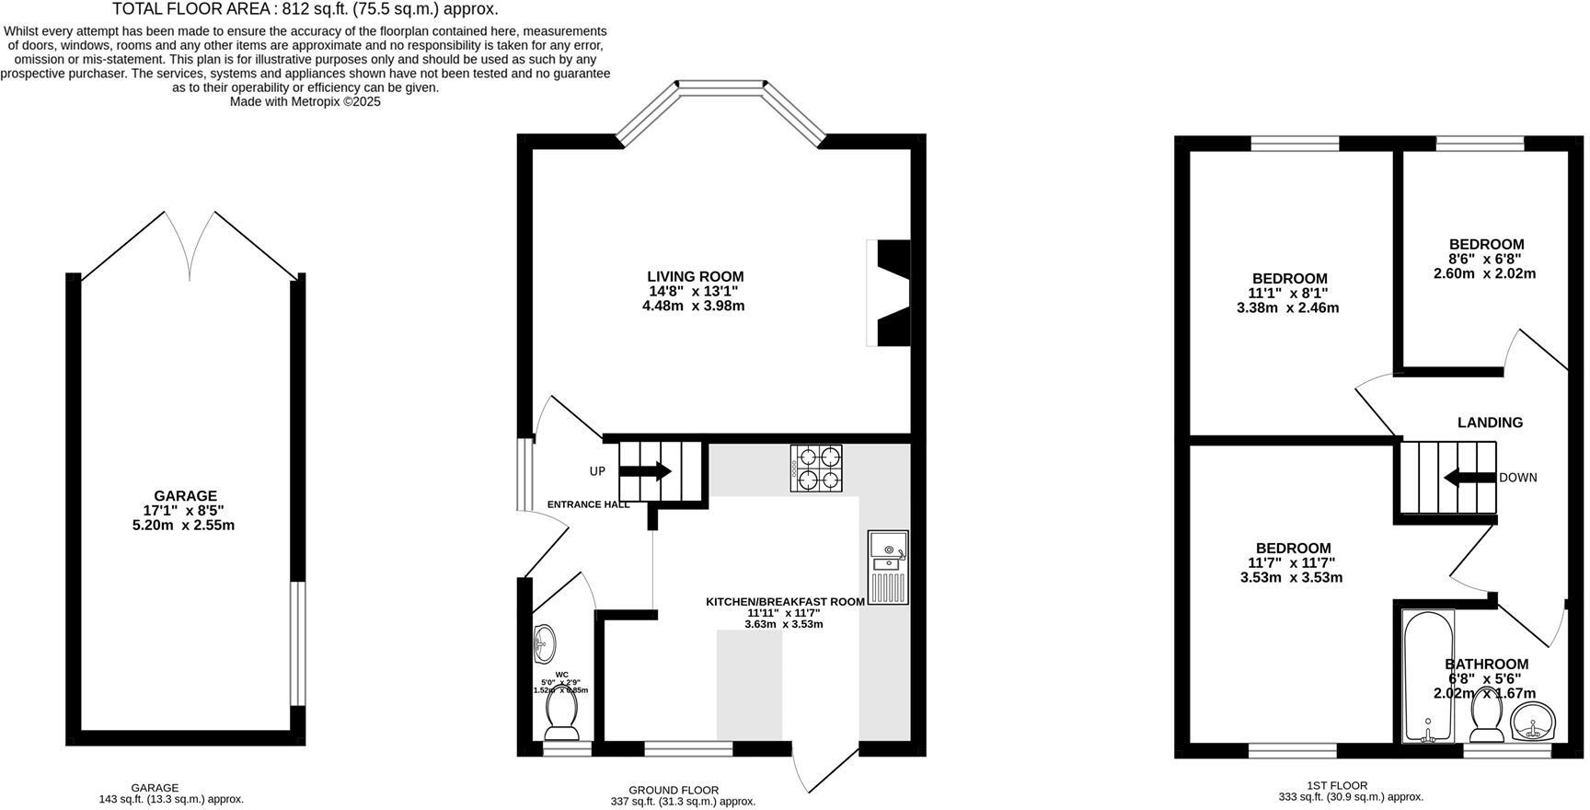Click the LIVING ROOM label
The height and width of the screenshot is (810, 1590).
pyautogui.click(x=695, y=276)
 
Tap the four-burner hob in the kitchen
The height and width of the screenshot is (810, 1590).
pyautogui.click(x=816, y=468)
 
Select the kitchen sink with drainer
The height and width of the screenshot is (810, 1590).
pyautogui.click(x=888, y=567)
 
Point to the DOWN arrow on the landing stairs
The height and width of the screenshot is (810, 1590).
pyautogui.click(x=1469, y=478)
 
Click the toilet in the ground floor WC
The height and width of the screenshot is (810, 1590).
pyautogui.click(x=561, y=714)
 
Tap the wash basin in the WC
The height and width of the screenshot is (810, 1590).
pyautogui.click(x=544, y=642)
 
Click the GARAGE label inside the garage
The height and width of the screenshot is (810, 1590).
pyautogui.click(x=185, y=495)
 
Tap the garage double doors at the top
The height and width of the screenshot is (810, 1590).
pyautogui.click(x=190, y=245)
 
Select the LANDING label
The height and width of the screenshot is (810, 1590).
pyautogui.click(x=1490, y=422)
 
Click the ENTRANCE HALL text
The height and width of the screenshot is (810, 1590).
pyautogui.click(x=588, y=504)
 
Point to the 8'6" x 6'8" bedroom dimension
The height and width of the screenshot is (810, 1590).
pyautogui.click(x=1485, y=259)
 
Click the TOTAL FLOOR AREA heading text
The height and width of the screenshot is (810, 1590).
pyautogui.click(x=305, y=9)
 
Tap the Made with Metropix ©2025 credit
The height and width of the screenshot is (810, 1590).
pyautogui.click(x=305, y=102)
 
